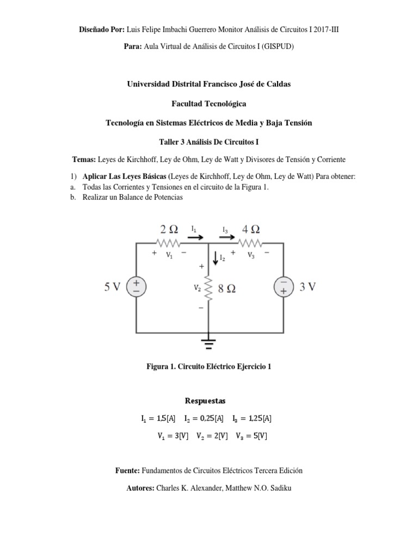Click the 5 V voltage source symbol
tap(136, 287)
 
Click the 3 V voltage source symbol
tap(284, 287)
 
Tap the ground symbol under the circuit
tap(209, 343)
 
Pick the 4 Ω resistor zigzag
tap(250, 244)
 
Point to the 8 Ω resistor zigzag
tap(209, 289)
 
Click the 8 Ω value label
tap(227, 289)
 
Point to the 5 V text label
tap(113, 287)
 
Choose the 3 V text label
tap(308, 287)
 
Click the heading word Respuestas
tap(208, 401)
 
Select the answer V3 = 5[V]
tap(251, 436)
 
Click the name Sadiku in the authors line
tap(278, 488)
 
